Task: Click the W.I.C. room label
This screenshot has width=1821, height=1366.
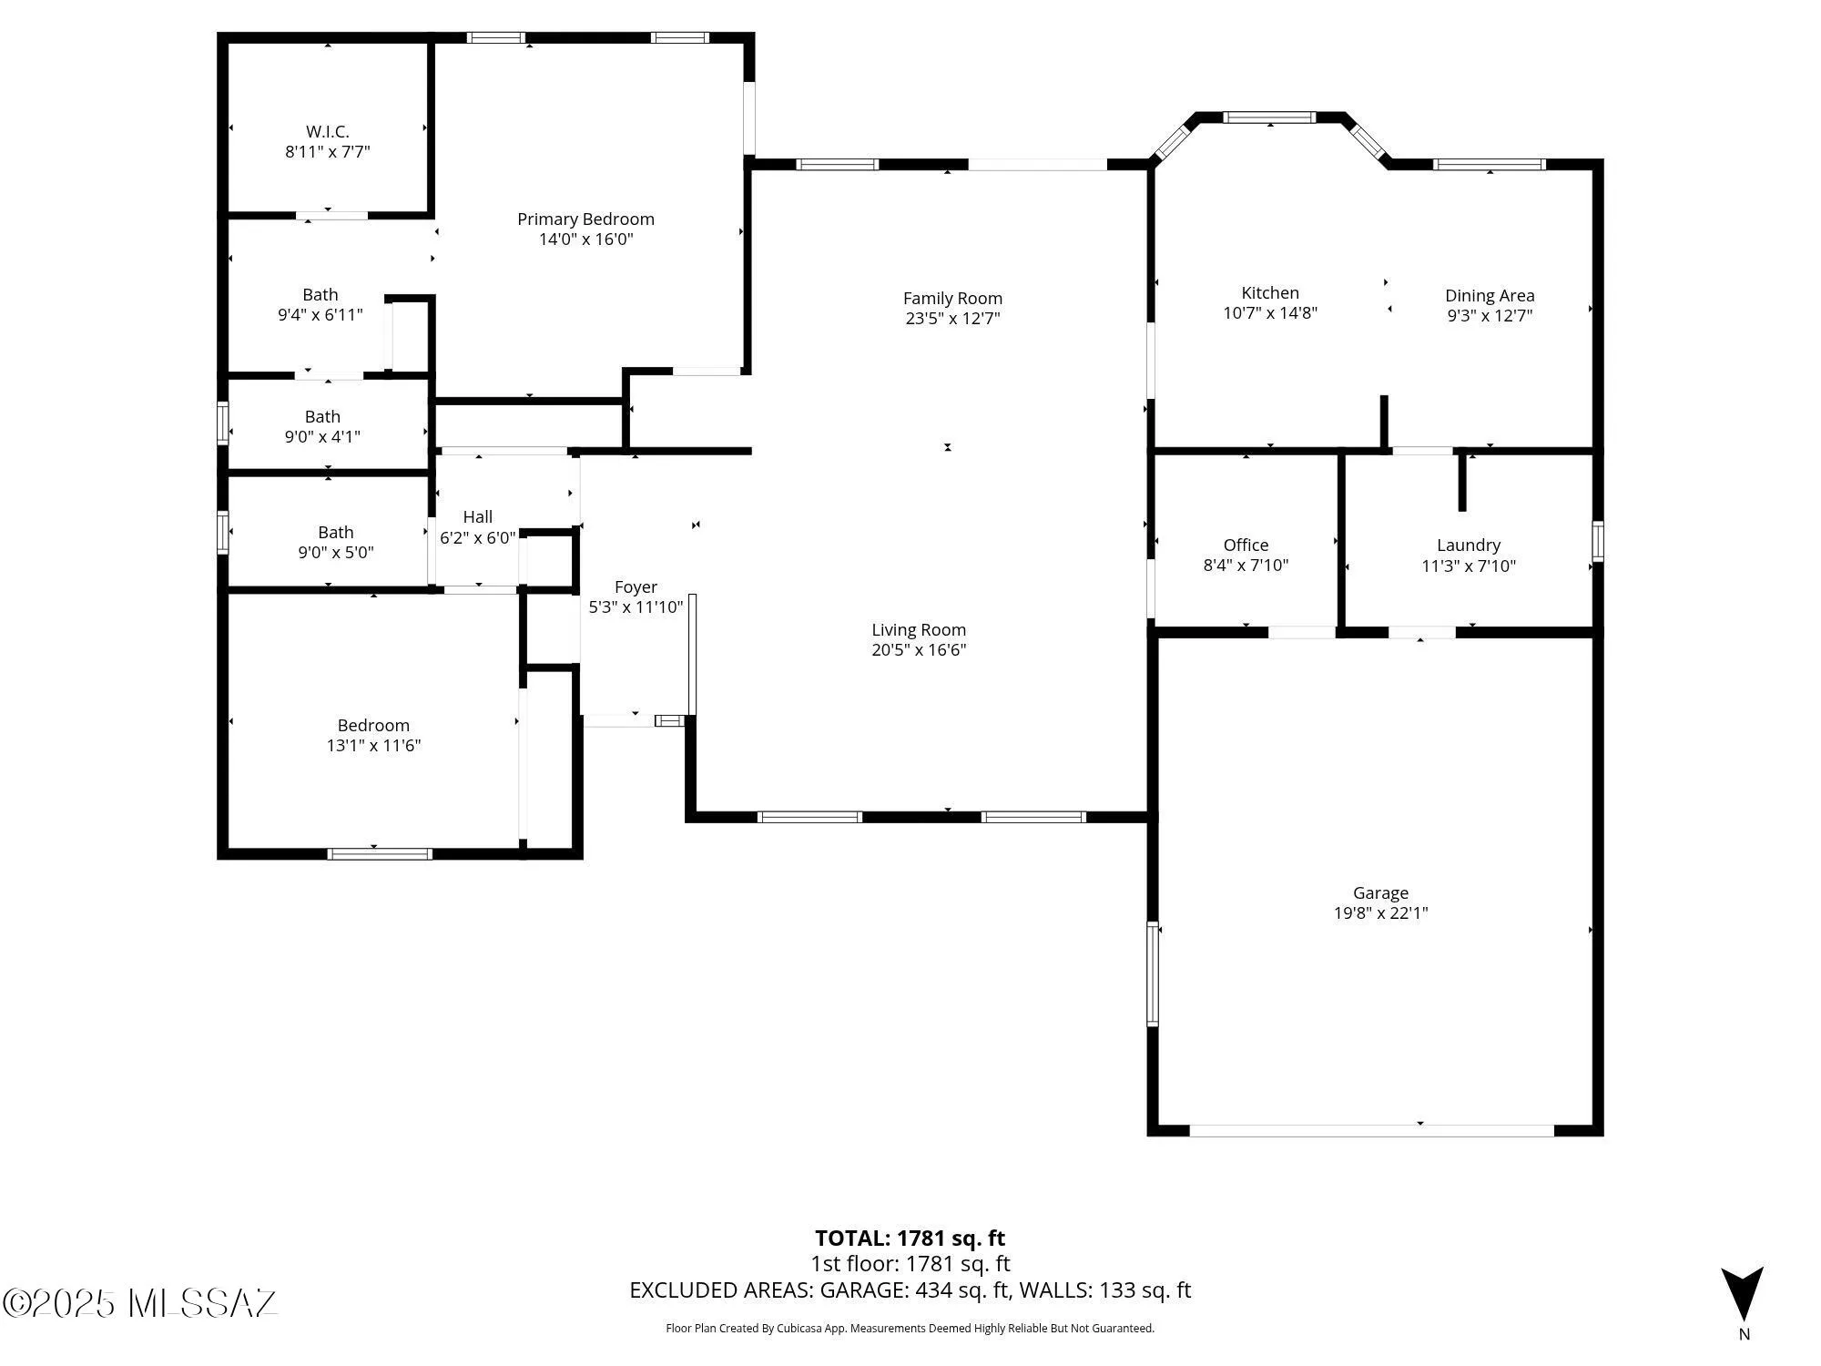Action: [x=328, y=132]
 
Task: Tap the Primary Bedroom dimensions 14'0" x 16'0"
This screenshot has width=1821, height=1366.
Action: [x=585, y=240]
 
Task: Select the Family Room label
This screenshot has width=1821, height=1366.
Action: [x=952, y=298]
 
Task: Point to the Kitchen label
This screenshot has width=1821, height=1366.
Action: [x=1270, y=292]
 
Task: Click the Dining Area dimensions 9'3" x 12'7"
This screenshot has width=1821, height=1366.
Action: [x=1490, y=316]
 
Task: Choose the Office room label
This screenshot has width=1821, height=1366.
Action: [x=1246, y=545]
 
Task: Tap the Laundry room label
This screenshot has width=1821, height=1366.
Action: [x=1468, y=545]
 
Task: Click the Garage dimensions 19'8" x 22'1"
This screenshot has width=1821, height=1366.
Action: [x=1380, y=913]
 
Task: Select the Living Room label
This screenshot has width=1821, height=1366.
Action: [x=919, y=629]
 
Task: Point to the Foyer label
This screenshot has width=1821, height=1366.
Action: [x=636, y=587]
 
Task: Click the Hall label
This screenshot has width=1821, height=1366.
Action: [x=477, y=517]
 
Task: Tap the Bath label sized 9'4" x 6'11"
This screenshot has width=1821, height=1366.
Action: [x=320, y=294]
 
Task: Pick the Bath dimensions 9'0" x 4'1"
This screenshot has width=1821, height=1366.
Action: [x=322, y=437]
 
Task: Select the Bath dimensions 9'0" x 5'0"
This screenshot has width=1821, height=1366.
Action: [x=335, y=553]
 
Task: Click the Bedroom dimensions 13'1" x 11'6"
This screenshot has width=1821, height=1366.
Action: [x=373, y=746]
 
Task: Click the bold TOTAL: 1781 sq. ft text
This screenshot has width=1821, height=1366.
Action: [x=910, y=1239]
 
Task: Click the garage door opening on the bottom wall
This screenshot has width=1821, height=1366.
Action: [x=1371, y=1131]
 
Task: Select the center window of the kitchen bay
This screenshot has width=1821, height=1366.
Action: [x=1268, y=117]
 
